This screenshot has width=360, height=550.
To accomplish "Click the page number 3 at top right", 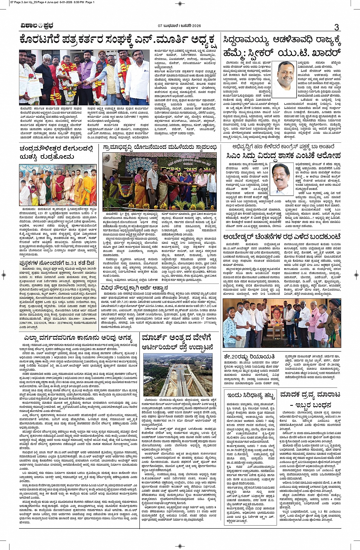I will click(x=336, y=27).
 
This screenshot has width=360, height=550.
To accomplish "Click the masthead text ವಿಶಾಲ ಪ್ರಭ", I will click(x=37, y=26).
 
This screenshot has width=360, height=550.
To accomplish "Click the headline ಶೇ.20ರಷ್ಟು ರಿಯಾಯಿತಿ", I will click(x=249, y=356).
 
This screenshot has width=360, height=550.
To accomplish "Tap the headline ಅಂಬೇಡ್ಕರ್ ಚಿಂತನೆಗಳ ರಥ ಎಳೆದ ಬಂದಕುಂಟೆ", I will click(x=282, y=236).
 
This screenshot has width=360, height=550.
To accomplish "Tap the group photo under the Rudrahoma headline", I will click(x=58, y=184).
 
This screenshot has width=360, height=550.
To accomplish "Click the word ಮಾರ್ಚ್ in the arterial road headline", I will click(x=156, y=337).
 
